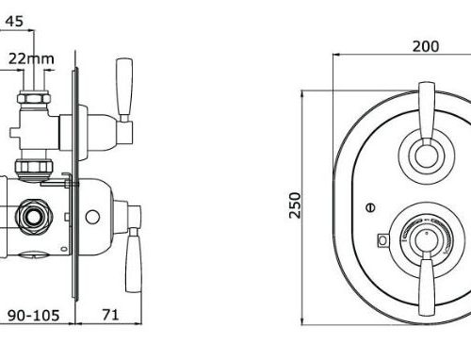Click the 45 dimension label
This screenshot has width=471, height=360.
(x=14, y=21)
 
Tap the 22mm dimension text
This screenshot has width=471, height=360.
(x=31, y=58)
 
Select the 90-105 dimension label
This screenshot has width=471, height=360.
(x=33, y=315)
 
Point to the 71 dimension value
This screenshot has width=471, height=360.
(x=110, y=315)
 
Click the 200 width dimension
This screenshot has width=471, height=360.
(x=426, y=46)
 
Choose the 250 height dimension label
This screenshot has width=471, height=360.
(x=295, y=205)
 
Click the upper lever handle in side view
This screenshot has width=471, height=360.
(x=124, y=90)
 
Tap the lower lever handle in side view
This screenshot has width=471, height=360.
(x=134, y=260)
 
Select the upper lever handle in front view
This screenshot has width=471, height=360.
(x=427, y=114)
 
